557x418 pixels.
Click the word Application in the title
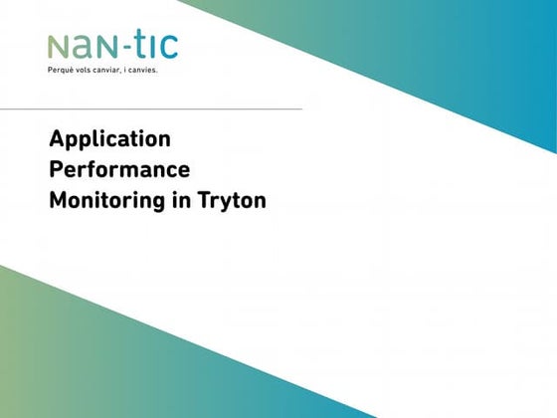110,139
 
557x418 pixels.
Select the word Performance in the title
119,169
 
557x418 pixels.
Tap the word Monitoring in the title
107,201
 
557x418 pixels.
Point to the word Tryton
232,201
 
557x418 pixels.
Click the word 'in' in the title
181,200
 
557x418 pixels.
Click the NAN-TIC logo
113,46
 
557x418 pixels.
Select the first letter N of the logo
58,48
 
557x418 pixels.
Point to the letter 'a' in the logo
82,48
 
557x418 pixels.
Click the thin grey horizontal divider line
151,109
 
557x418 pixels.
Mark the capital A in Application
58,138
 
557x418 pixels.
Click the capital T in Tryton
205,200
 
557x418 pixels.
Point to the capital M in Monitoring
59,200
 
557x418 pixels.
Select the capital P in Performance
57,169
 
